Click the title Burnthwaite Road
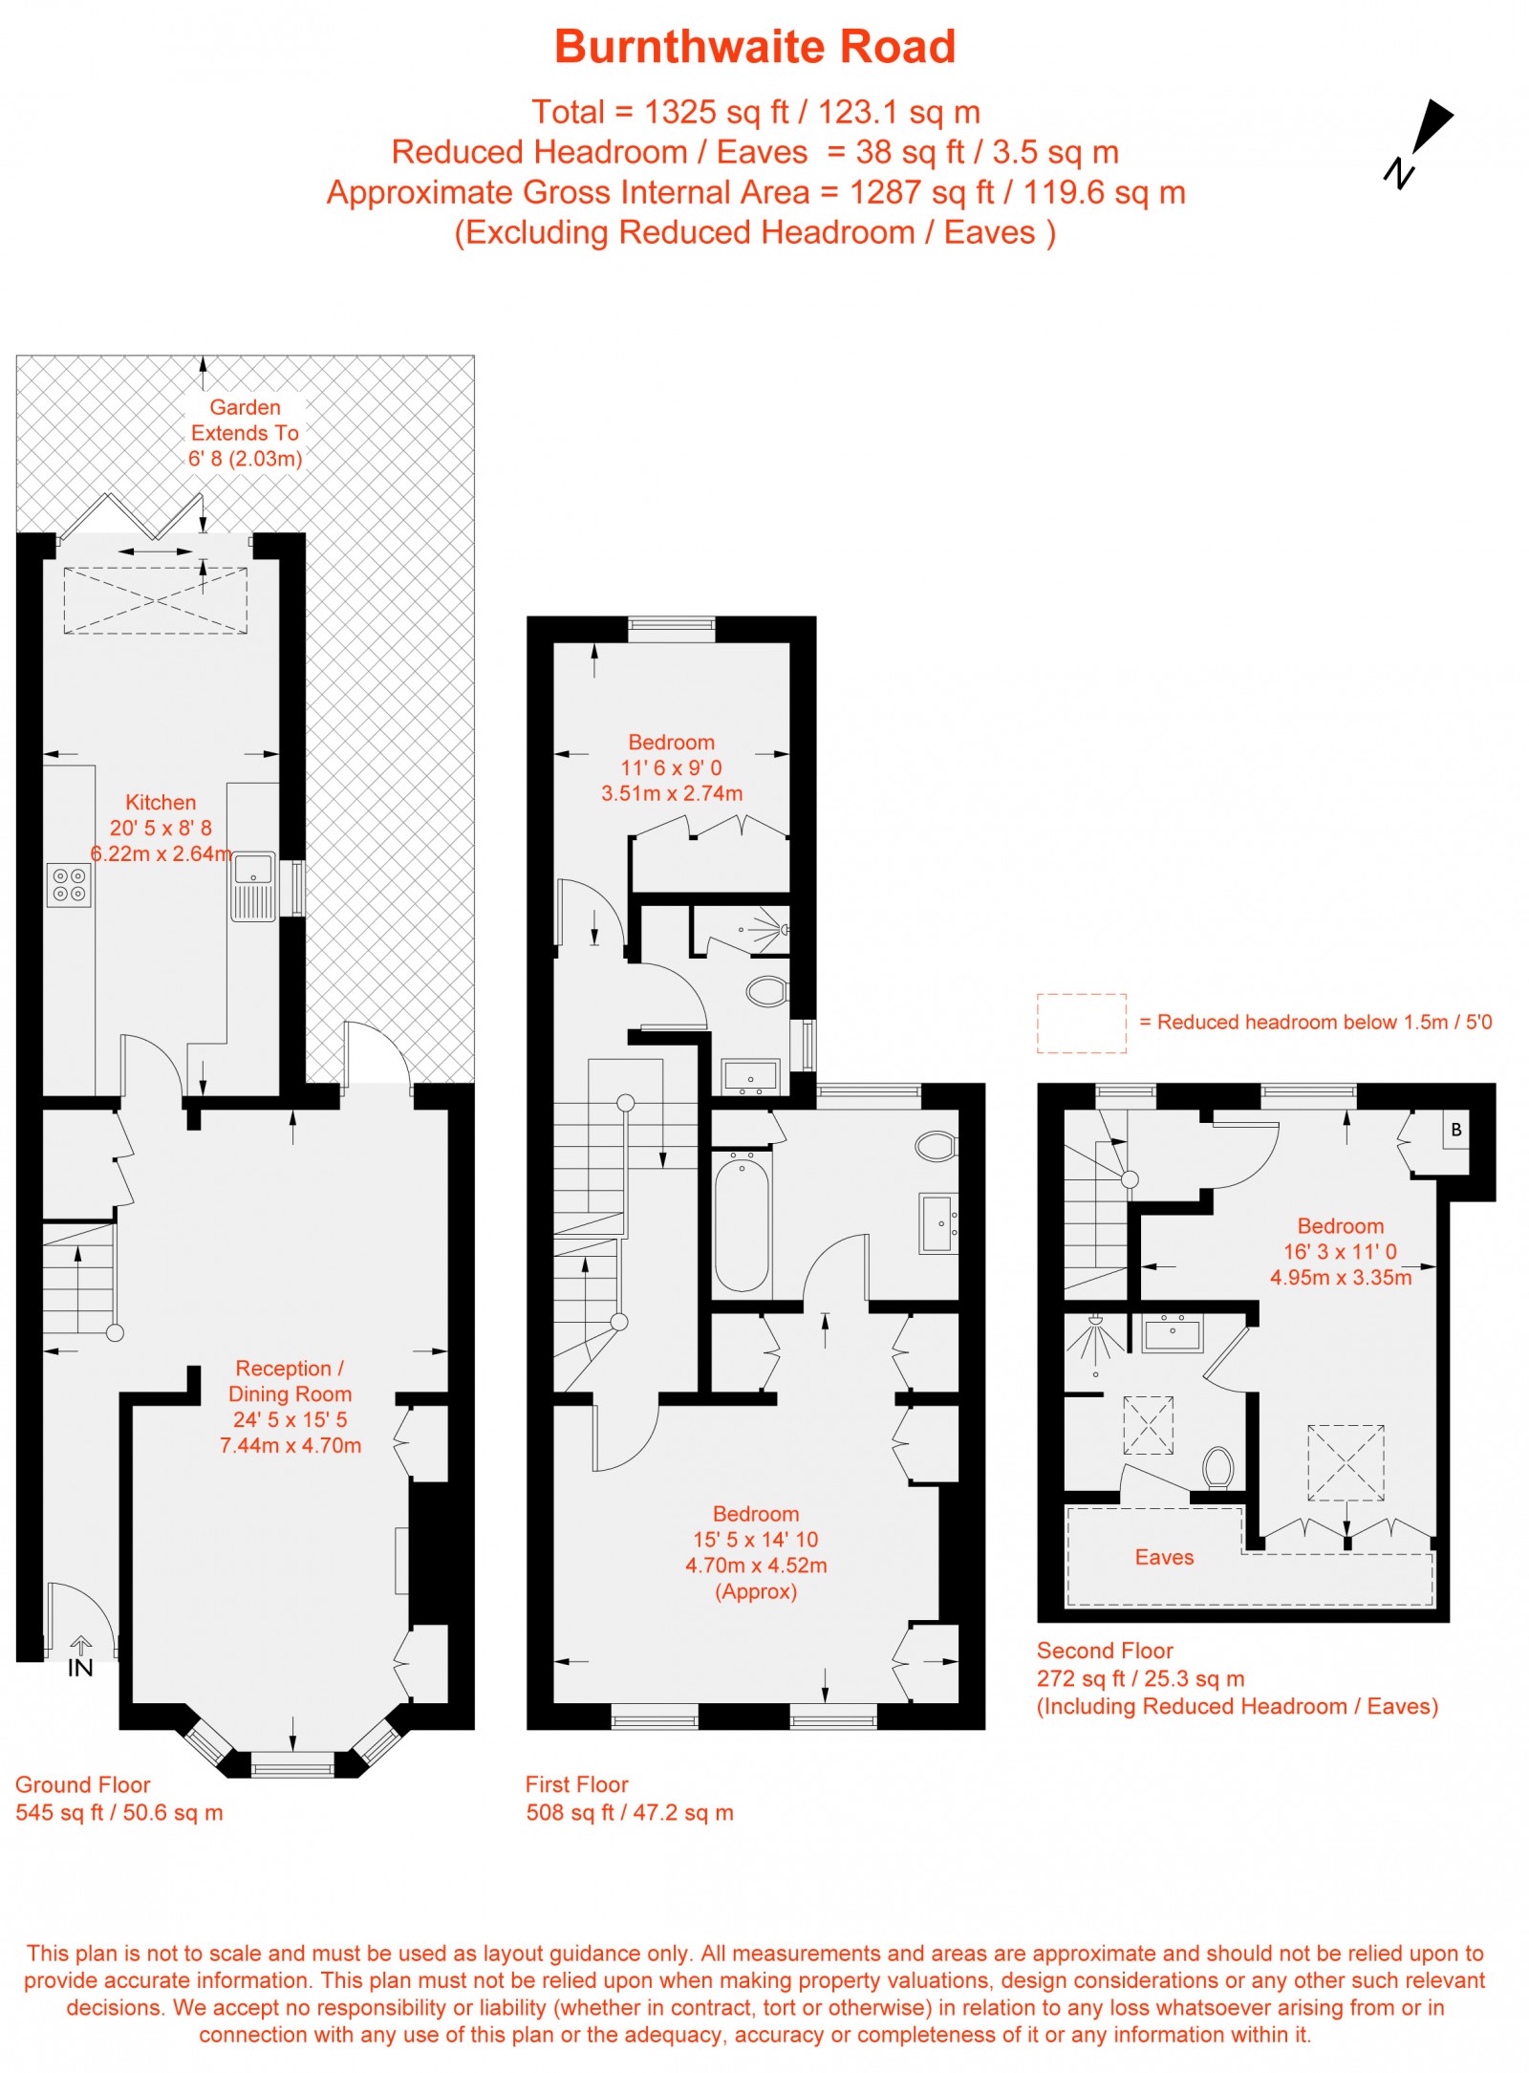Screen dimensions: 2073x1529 coord(755,47)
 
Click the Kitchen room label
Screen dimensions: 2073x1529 coord(161,803)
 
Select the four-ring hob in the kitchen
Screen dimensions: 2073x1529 coord(70,885)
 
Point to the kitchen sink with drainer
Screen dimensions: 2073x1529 coord(253,887)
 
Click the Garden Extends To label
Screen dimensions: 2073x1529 coord(245,433)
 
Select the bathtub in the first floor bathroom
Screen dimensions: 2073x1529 coord(742,1222)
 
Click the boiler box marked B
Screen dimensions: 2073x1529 coord(1455,1130)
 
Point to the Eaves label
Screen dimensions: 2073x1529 coord(1164,1557)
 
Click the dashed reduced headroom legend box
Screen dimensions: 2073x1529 coord(1081,1024)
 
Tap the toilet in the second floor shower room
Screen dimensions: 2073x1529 coord(1217,1467)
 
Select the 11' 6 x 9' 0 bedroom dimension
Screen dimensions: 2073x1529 coord(671,767)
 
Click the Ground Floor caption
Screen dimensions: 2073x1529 coord(83,1784)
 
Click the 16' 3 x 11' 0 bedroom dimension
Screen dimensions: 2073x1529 coord(1340,1251)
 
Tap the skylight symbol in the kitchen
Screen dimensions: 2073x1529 coord(155,600)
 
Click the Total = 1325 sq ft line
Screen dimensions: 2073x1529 coord(755,113)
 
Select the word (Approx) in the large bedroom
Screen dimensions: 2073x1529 coord(756,1591)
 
